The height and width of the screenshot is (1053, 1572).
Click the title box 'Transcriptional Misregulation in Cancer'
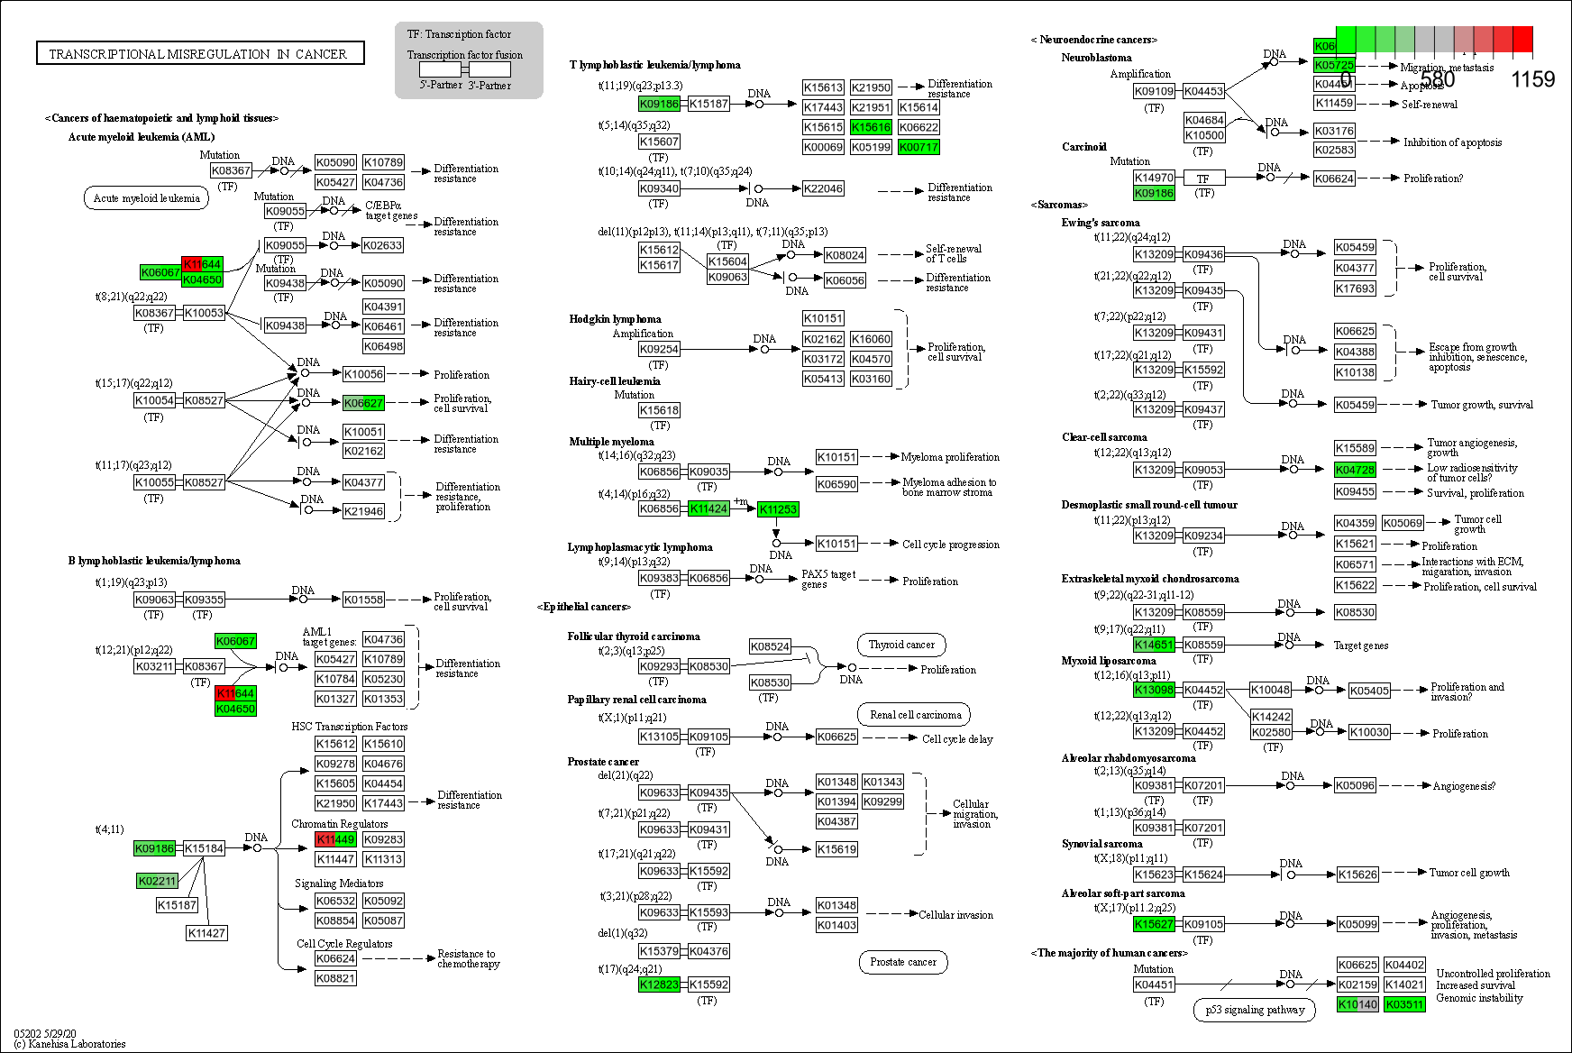(x=199, y=54)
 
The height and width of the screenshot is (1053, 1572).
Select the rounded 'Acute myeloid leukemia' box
(x=146, y=198)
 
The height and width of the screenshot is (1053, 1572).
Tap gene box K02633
(x=382, y=245)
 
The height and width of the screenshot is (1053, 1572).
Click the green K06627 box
(x=363, y=403)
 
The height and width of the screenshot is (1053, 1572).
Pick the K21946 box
(x=363, y=511)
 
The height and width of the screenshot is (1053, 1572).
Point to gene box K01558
(x=363, y=600)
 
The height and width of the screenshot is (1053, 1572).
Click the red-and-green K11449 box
(x=335, y=839)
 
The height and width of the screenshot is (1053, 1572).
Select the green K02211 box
(x=157, y=881)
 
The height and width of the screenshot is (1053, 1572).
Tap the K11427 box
(x=206, y=933)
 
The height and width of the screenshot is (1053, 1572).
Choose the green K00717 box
(x=919, y=147)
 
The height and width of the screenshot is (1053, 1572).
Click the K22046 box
(x=823, y=188)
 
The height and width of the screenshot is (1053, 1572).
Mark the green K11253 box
(x=778, y=509)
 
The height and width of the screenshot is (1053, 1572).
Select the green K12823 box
(x=659, y=984)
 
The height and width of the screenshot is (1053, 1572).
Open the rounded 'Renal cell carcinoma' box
(x=915, y=715)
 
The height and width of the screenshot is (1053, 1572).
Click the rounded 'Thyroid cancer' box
(x=901, y=645)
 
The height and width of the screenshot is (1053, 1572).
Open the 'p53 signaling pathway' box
(x=1255, y=1010)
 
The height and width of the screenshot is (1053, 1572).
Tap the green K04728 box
(x=1355, y=470)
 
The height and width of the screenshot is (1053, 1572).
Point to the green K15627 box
(x=1154, y=924)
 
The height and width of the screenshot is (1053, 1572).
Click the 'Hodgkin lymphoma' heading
(x=615, y=319)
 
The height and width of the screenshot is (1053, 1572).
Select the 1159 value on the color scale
(x=1532, y=79)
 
